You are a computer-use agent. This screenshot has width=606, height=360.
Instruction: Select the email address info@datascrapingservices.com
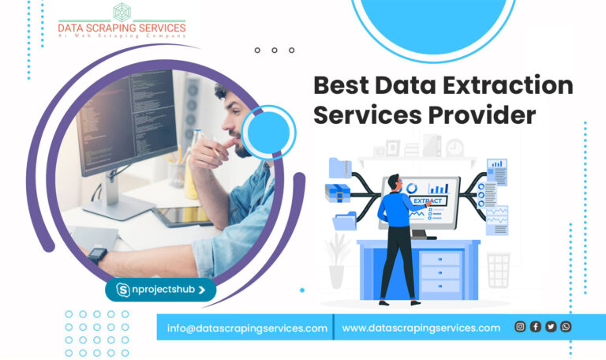(x=247, y=328)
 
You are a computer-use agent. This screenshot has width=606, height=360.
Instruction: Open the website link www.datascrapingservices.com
(x=421, y=328)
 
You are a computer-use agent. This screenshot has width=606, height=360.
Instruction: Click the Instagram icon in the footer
(x=520, y=327)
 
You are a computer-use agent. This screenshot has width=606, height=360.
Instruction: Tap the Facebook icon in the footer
(x=536, y=327)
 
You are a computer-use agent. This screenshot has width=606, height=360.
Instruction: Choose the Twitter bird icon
(x=551, y=327)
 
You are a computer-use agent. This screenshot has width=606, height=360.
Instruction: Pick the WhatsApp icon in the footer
(x=566, y=327)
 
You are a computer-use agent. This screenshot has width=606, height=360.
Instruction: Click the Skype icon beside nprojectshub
(x=123, y=290)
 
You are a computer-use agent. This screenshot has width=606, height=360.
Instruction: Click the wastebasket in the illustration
(x=498, y=269)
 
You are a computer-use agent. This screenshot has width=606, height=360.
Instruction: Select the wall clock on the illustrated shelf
(x=454, y=148)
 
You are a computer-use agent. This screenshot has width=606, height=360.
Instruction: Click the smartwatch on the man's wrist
(x=98, y=256)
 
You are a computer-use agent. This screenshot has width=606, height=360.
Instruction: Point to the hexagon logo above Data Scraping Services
(x=122, y=13)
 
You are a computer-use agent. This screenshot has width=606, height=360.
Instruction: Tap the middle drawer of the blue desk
(x=440, y=271)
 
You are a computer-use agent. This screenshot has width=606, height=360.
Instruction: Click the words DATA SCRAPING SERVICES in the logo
(x=122, y=28)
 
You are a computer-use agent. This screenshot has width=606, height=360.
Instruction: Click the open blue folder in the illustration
(x=345, y=221)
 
